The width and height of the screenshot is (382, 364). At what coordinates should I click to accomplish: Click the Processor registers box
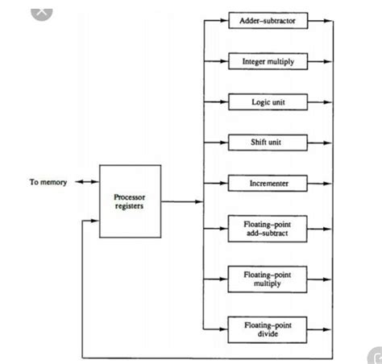[x=130, y=201]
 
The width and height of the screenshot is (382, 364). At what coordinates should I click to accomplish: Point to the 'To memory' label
[x=48, y=183]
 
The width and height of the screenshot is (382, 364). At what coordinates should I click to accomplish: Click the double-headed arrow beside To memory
[x=85, y=183]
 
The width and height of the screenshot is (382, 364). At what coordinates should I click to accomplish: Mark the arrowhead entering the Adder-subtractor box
[x=224, y=19]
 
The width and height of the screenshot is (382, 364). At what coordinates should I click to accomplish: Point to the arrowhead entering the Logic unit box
[x=224, y=102]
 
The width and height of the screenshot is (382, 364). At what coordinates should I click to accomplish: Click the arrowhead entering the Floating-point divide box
[x=224, y=329]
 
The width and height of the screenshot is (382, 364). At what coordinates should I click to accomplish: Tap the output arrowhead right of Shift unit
[x=326, y=143]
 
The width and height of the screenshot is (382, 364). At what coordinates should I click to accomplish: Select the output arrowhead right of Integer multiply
[x=326, y=61]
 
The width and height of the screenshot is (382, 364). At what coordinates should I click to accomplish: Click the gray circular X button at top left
[x=42, y=10]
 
